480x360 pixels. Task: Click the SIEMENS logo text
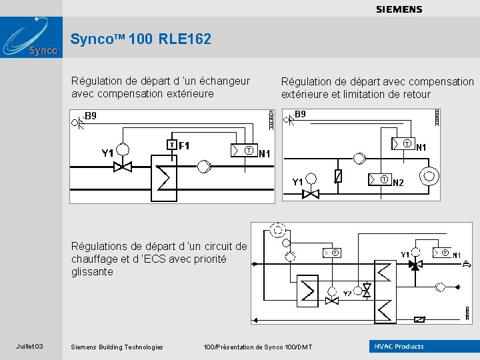(399, 9)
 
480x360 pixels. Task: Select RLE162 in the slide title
(185, 39)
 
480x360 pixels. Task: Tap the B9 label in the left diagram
(91, 116)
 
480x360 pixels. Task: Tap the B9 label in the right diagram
(300, 115)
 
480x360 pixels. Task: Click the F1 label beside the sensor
(185, 145)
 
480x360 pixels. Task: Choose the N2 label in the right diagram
(398, 183)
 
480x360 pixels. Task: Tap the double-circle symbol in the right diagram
(430, 177)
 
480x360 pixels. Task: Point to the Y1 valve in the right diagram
(311, 194)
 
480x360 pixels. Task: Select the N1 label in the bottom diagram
(457, 255)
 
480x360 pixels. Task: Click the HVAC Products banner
(398, 346)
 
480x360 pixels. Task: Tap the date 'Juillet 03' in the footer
(30, 346)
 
